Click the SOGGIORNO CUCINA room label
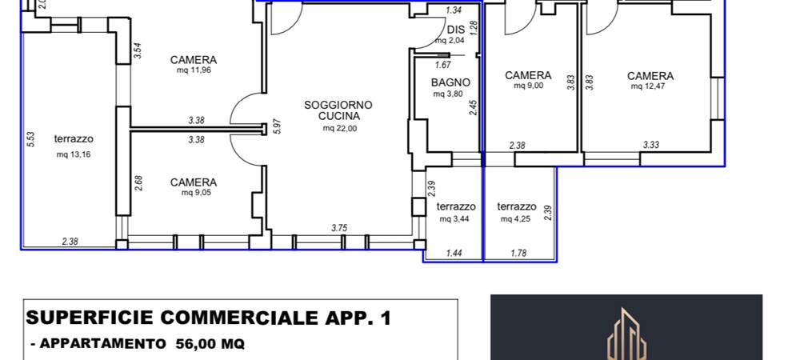(338, 110)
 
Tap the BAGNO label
(450, 82)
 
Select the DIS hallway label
(456, 30)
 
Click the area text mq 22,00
(339, 129)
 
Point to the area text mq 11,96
(194, 70)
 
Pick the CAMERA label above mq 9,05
(194, 182)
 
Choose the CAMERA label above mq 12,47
(650, 76)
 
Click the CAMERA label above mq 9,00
(528, 76)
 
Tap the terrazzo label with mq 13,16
(74, 139)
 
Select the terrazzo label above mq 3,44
(456, 206)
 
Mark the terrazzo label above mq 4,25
(517, 206)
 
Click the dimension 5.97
(276, 126)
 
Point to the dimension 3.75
(339, 228)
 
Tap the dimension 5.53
(30, 139)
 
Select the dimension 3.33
(651, 146)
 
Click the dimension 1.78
(518, 254)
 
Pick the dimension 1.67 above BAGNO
(442, 65)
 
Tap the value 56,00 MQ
(210, 344)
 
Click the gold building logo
(626, 334)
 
